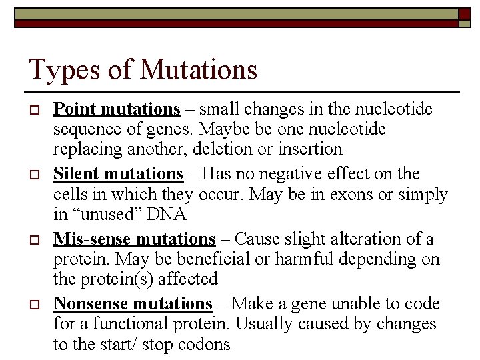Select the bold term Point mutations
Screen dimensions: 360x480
click(117, 109)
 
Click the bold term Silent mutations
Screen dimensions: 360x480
click(118, 174)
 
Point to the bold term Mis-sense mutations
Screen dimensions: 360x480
click(134, 239)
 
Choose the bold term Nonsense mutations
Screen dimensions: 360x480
click(133, 304)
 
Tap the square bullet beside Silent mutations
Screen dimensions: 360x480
click(37, 175)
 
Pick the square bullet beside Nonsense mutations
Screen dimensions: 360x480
click(37, 305)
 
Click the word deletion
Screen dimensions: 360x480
click(206, 149)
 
